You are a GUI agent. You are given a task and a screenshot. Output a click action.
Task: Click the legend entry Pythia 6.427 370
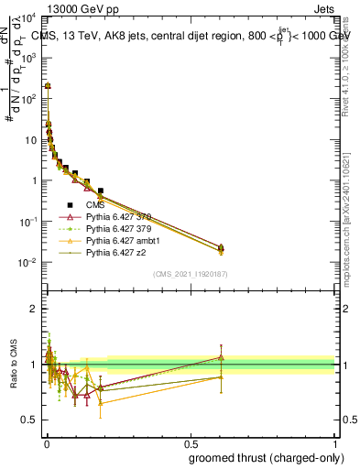point(116,217)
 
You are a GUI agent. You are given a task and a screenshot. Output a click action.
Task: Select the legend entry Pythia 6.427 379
point(116,229)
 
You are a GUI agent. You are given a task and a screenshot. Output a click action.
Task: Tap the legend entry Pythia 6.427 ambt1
point(119,241)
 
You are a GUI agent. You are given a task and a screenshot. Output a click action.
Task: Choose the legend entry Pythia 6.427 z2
point(114,253)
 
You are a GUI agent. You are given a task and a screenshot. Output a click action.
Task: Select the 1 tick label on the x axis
point(334,442)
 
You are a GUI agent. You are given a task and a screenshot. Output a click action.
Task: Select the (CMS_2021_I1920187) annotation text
point(190,274)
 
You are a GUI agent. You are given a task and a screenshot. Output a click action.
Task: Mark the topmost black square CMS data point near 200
point(47,85)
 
